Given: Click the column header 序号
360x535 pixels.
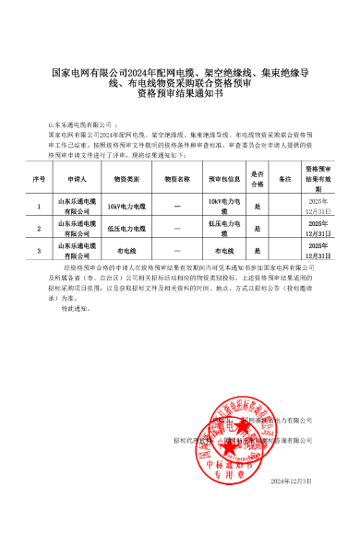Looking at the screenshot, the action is [39, 179].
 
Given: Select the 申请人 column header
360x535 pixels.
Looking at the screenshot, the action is [78, 179].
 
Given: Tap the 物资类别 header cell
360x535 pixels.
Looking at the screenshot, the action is [126, 179].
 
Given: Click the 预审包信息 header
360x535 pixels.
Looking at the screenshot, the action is [224, 179].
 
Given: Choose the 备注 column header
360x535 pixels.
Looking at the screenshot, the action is [285, 179].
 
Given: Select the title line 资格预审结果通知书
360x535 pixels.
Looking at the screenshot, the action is [180, 93].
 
